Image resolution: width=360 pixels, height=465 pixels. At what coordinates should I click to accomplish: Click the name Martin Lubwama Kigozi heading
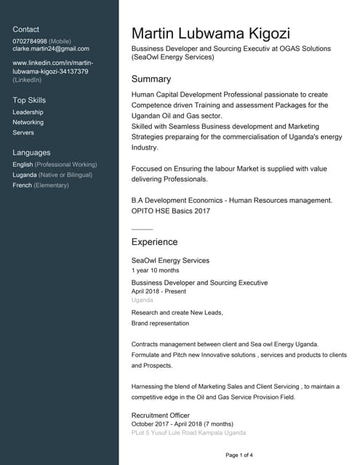pos(211,33)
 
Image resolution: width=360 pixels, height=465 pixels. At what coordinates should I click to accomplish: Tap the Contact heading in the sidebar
pos(26,29)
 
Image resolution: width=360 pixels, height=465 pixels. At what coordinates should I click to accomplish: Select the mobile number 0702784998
pos(30,41)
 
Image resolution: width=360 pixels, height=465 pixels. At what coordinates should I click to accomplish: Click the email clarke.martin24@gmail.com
pos(51,49)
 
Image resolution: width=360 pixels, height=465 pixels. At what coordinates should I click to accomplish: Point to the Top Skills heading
pos(29,100)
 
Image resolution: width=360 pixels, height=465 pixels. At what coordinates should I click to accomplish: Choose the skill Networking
pos(28,123)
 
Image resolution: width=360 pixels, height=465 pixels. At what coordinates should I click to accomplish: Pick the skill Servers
pos(23,133)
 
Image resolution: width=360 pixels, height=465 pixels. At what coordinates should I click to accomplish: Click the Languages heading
pos(31,153)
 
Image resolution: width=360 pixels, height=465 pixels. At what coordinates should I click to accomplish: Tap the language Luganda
pos(26,175)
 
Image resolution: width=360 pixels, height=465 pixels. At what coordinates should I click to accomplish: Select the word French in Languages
pos(22,185)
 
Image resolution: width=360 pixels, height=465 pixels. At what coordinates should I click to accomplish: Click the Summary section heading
pos(151,78)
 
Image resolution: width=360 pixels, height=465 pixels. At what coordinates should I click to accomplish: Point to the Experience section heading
pos(154,241)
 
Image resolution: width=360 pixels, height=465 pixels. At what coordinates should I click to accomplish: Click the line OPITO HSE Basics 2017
pos(170,210)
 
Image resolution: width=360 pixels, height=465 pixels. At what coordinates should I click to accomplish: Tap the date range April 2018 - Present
pos(159,291)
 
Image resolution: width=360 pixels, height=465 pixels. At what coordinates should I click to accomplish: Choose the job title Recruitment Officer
pos(160,416)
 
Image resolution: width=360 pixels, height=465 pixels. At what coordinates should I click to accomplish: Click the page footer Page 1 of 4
pos(239,455)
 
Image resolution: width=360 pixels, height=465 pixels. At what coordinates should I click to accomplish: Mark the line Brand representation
pos(160,323)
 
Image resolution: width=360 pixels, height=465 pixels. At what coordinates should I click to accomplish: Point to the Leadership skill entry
pos(28,113)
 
